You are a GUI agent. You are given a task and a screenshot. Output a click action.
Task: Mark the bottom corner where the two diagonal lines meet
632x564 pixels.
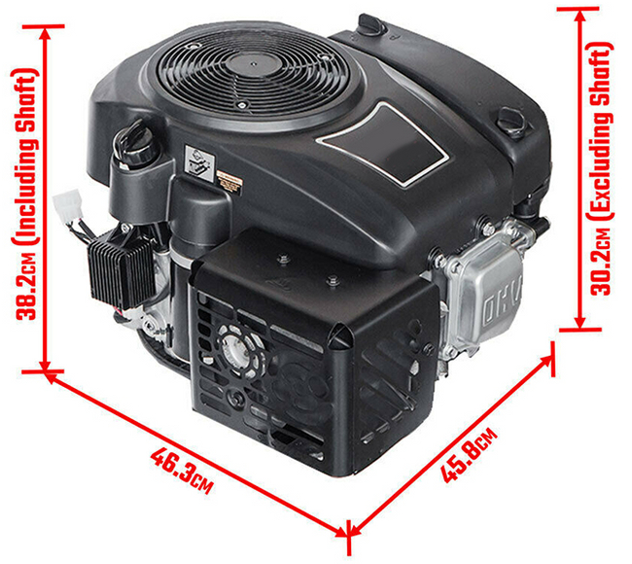[x=346, y=531]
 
